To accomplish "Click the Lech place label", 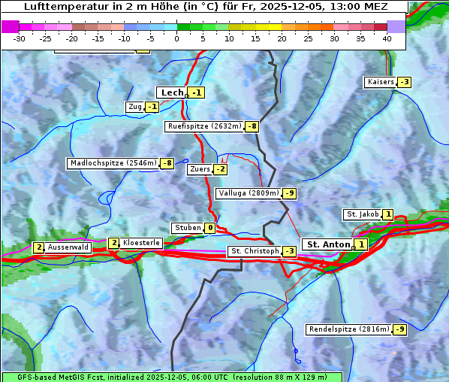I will (172, 92).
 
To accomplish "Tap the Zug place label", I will (135, 107).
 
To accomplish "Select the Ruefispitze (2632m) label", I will (204, 126).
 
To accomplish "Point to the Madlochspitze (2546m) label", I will (113, 163).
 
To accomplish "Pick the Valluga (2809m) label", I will (248, 193).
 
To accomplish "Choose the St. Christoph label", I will (254, 251).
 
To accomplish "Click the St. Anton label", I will (329, 244).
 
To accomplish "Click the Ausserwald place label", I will (68, 247).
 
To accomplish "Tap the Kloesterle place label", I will (141, 243).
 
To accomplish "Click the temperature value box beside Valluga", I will (290, 193).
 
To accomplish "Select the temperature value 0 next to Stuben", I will (210, 228).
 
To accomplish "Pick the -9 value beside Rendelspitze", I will (400, 329).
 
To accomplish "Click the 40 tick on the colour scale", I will (387, 38).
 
